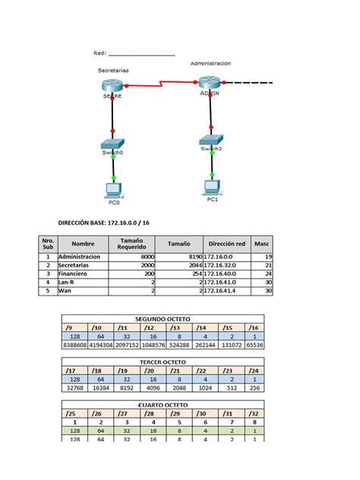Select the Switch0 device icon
112,144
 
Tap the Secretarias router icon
112,85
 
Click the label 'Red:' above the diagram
99,53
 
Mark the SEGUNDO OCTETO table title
163,319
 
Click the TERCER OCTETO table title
163,362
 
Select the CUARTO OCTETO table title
163,406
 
